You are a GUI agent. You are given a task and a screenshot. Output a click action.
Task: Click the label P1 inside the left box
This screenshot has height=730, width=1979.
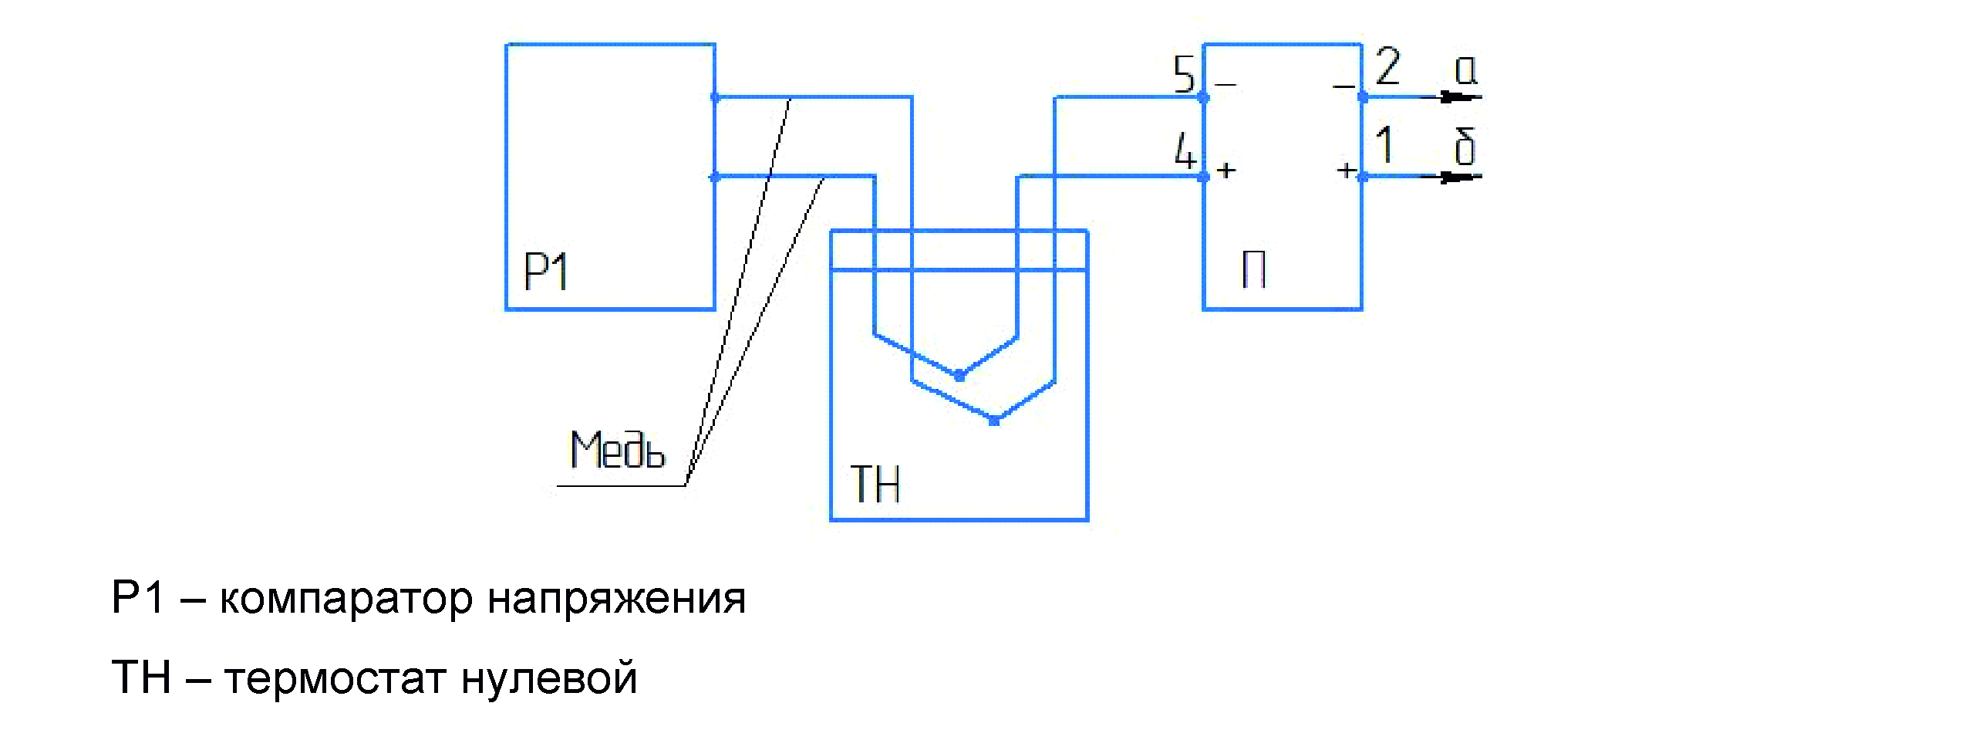pyautogui.click(x=545, y=272)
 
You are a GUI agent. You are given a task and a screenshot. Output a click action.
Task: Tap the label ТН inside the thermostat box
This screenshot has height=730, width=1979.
pyautogui.click(x=875, y=484)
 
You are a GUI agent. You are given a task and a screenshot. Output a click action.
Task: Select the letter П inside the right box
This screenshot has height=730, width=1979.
pyautogui.click(x=1253, y=271)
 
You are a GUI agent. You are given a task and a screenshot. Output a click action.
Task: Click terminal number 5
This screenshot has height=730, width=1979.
pyautogui.click(x=1183, y=74)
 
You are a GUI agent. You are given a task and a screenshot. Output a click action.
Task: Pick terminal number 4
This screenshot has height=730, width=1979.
pyautogui.click(x=1185, y=151)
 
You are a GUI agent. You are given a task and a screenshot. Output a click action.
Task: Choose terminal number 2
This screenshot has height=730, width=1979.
pyautogui.click(x=1387, y=66)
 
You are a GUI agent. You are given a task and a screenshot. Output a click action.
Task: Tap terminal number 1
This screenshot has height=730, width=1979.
pyautogui.click(x=1385, y=145)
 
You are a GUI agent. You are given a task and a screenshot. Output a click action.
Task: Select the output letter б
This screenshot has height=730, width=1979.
pyautogui.click(x=1465, y=147)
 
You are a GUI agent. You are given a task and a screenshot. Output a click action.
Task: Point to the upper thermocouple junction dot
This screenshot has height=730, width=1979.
pyautogui.click(x=959, y=376)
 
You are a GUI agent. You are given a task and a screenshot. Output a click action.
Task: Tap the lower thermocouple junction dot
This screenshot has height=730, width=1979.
pyautogui.click(x=994, y=421)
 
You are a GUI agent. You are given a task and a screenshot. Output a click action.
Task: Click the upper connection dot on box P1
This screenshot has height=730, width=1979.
pyautogui.click(x=715, y=97)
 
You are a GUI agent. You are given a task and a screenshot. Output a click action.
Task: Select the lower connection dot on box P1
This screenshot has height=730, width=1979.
pyautogui.click(x=715, y=177)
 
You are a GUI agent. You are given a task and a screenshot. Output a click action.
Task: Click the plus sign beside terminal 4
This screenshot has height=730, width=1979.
pyautogui.click(x=1226, y=169)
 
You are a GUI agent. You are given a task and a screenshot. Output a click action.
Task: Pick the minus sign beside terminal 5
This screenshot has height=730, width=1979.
pyautogui.click(x=1225, y=83)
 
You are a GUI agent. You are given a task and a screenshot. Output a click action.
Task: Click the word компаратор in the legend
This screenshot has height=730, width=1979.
pyautogui.click(x=346, y=600)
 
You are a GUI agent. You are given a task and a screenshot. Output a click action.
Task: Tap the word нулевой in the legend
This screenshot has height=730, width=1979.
pyautogui.click(x=548, y=678)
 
